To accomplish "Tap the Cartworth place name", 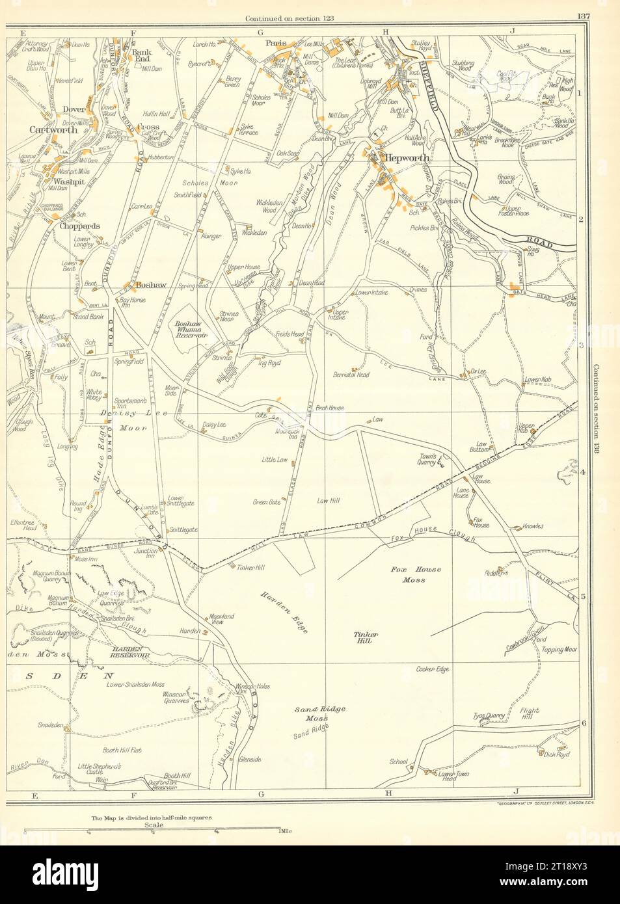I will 53,129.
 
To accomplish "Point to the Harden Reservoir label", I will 129,657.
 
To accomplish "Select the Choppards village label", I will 64,226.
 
